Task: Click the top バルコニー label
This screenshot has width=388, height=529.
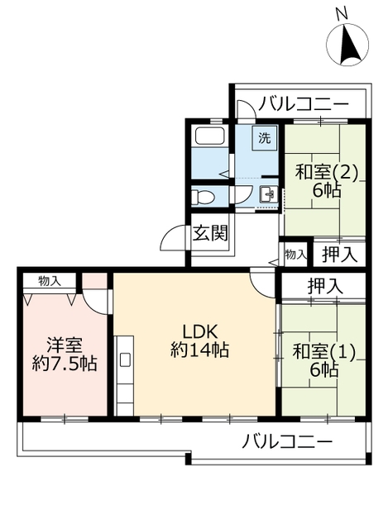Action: coord(300,104)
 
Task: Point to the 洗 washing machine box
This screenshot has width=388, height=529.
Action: coord(264,138)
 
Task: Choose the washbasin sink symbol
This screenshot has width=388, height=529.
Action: coord(268,195)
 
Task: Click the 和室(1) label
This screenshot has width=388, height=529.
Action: coord(324,350)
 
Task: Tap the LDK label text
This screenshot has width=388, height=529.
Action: coord(199,331)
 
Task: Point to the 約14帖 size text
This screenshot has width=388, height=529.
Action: coord(199,350)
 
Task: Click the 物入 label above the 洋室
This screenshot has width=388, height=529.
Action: coord(49,281)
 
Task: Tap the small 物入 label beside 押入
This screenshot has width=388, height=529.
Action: coord(295,255)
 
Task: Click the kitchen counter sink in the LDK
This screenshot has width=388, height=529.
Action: coord(125,360)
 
